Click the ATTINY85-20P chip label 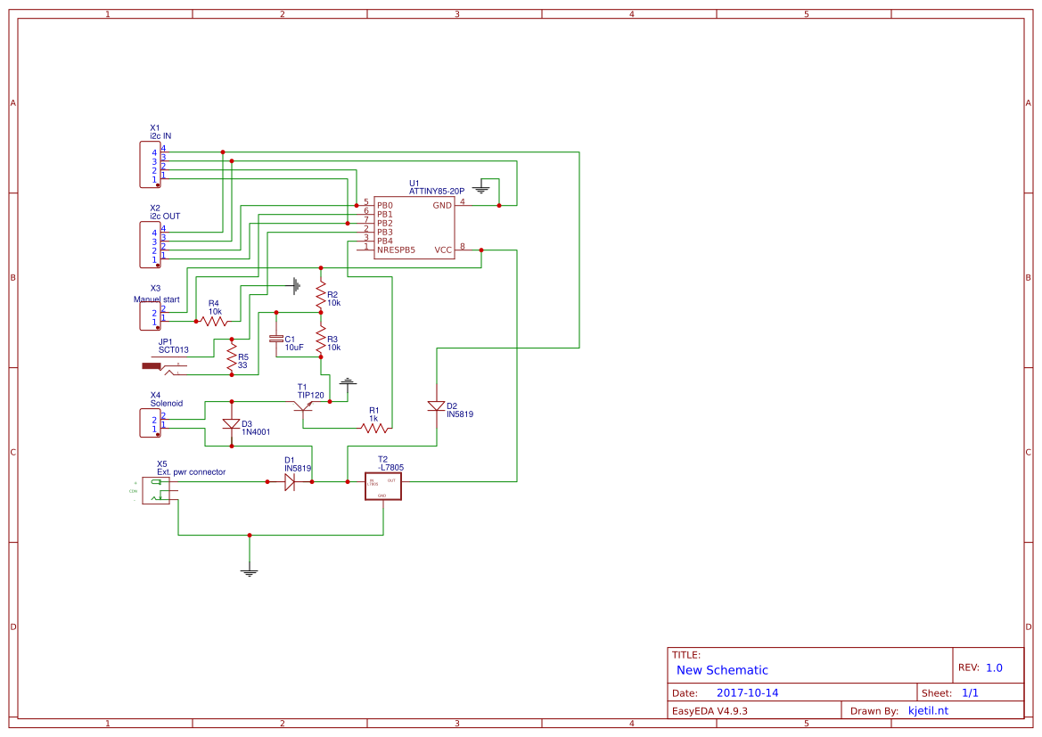(x=436, y=191)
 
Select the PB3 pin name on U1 (x=384, y=232)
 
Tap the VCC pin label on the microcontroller (x=443, y=250)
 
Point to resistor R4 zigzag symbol (x=215, y=321)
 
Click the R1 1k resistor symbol (x=374, y=428)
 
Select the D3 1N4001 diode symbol (x=231, y=424)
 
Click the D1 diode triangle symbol (x=290, y=481)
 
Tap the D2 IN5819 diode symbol (x=436, y=405)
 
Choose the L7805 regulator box (x=383, y=486)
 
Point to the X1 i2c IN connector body (x=150, y=165)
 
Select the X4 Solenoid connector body (x=150, y=423)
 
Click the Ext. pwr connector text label (x=191, y=471)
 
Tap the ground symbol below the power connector (x=249, y=571)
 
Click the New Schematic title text (x=722, y=670)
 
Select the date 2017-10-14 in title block (x=747, y=692)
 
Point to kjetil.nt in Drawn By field (x=927, y=710)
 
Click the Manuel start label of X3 (x=156, y=299)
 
